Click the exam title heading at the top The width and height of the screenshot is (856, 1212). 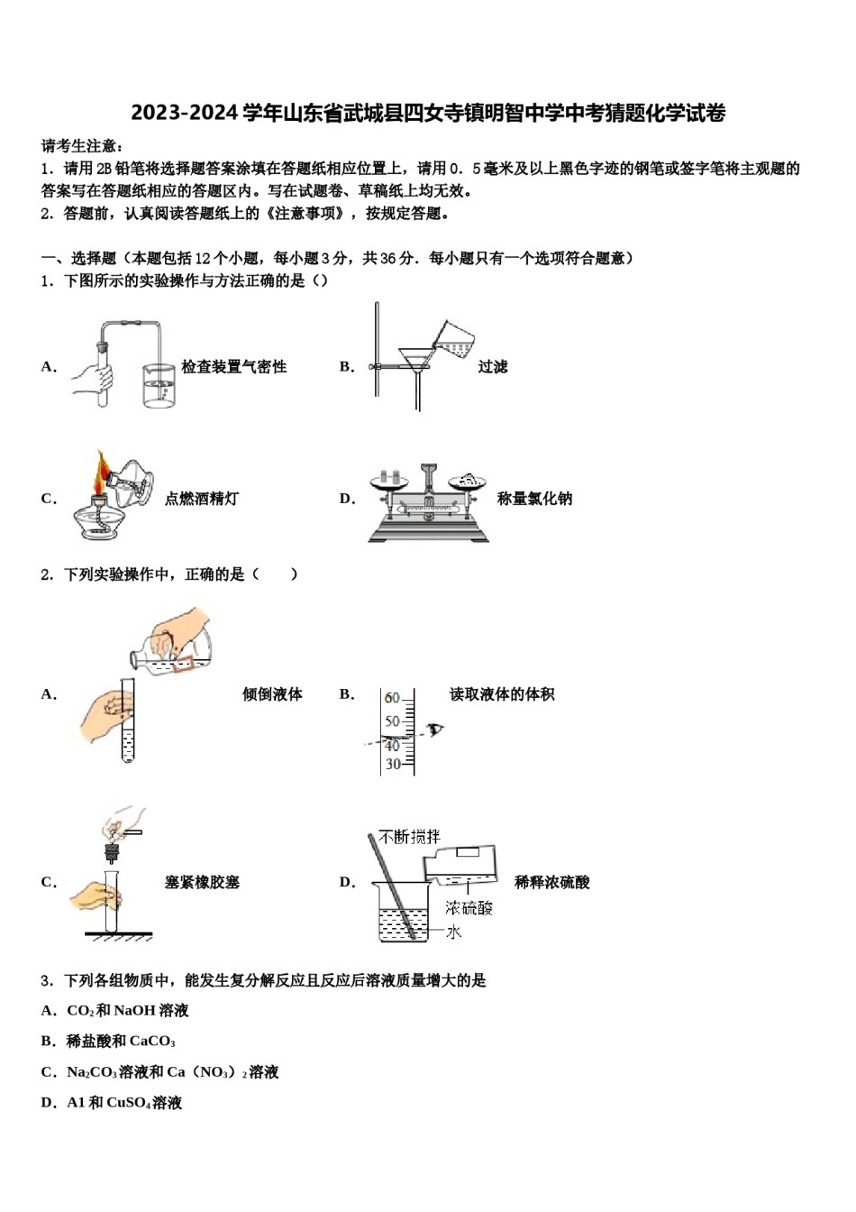[x=428, y=114]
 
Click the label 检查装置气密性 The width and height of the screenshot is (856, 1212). [x=233, y=367]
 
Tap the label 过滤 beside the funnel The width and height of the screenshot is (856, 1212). [x=493, y=367]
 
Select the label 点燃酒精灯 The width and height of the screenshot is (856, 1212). [x=202, y=499]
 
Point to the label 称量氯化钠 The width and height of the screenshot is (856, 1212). [x=534, y=499]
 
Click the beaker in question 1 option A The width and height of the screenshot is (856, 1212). [x=159, y=386]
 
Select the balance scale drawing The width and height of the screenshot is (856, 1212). [x=429, y=505]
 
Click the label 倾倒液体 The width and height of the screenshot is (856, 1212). [x=272, y=694]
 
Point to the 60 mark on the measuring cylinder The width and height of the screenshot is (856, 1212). [x=392, y=698]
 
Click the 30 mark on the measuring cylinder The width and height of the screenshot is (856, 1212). [x=393, y=765]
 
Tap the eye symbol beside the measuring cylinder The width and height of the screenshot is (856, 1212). [x=436, y=730]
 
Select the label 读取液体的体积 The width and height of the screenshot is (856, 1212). [x=502, y=694]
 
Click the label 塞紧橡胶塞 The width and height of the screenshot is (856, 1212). [x=202, y=883]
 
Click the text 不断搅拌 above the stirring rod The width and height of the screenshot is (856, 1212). [x=410, y=837]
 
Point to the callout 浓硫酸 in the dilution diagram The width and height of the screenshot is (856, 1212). [x=469, y=908]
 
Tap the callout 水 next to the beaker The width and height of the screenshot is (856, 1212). [x=453, y=932]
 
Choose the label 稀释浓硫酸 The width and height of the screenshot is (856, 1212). [x=551, y=883]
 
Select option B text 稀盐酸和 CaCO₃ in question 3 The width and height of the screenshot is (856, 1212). [x=121, y=1042]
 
